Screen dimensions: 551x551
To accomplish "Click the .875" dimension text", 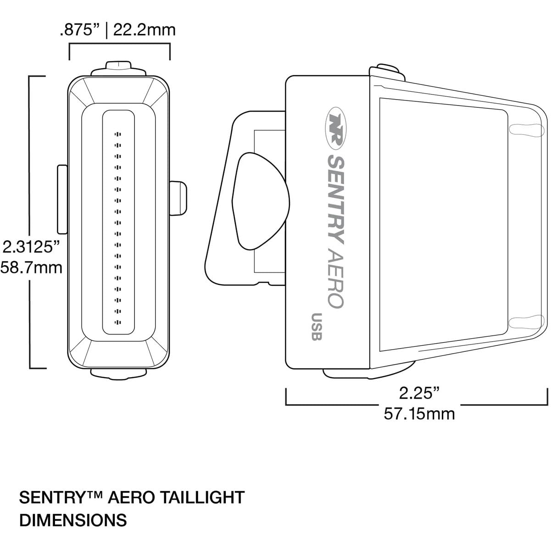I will tap(80, 30).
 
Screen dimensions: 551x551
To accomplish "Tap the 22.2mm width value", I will tap(144, 30).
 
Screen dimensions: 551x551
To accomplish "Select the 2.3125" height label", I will tap(31, 247).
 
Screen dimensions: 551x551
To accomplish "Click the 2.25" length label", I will tap(419, 393).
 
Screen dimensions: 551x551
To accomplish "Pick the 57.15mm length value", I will tap(419, 414).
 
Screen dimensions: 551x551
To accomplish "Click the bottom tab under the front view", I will tap(119, 373).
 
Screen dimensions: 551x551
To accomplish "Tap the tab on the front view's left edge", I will tap(62, 200).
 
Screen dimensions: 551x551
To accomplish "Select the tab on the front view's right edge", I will tap(178, 198).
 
